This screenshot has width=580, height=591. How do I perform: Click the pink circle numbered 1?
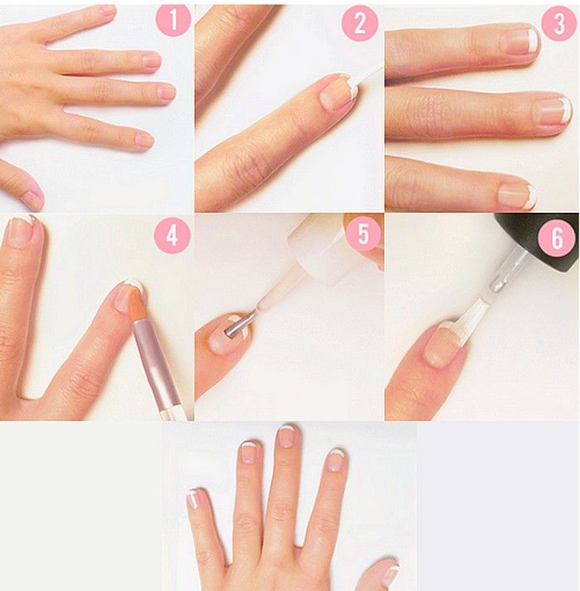coord(173,20)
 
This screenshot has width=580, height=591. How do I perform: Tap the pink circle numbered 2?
coord(360,23)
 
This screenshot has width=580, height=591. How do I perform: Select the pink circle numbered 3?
coord(558,23)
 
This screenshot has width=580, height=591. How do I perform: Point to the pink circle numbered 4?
coord(172,236)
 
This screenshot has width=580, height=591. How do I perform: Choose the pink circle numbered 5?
coord(363,233)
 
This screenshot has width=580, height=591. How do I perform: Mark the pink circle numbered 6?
coord(557,238)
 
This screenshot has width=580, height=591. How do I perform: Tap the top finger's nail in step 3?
coord(520,41)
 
